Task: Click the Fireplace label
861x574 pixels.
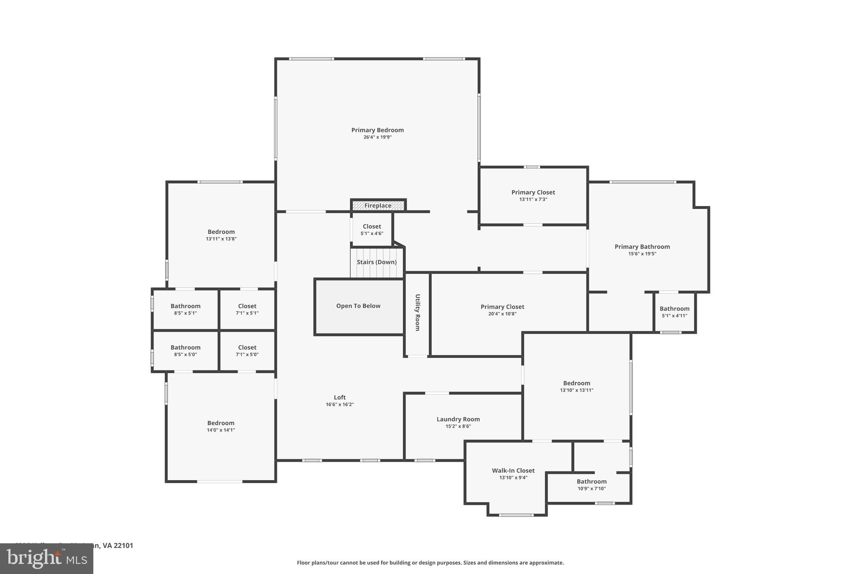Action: [378, 206]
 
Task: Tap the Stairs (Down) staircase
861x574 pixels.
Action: [377, 262]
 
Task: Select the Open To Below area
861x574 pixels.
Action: [358, 306]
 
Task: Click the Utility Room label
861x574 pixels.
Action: [417, 312]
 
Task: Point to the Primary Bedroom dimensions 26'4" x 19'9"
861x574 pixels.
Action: [378, 137]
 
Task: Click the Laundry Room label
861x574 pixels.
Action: [458, 419]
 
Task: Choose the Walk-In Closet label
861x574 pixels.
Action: [513, 471]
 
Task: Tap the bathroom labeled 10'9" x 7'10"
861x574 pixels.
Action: [592, 485]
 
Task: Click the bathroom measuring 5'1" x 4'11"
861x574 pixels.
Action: [674, 312]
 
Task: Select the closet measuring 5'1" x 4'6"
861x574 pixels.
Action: [372, 230]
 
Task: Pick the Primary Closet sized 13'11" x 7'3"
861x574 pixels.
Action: [533, 196]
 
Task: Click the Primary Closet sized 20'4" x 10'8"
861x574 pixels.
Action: [502, 310]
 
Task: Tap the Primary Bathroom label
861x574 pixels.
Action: [642, 247]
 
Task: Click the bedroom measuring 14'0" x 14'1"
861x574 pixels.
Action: [221, 426]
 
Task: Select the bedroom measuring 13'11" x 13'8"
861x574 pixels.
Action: [221, 235]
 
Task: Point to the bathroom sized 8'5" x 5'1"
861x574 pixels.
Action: [185, 309]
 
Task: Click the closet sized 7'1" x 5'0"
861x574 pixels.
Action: [247, 351]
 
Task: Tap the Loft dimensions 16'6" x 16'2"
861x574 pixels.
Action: [340, 405]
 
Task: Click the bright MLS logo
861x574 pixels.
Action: [47, 558]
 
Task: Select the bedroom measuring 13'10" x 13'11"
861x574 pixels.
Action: [576, 386]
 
